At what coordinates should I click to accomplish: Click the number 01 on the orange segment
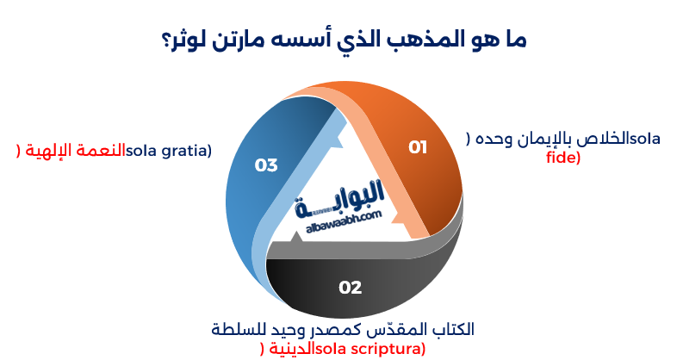418,147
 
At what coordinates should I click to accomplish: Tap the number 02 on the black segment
351,288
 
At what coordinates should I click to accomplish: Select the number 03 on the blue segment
266,164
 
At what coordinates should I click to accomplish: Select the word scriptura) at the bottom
388,348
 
